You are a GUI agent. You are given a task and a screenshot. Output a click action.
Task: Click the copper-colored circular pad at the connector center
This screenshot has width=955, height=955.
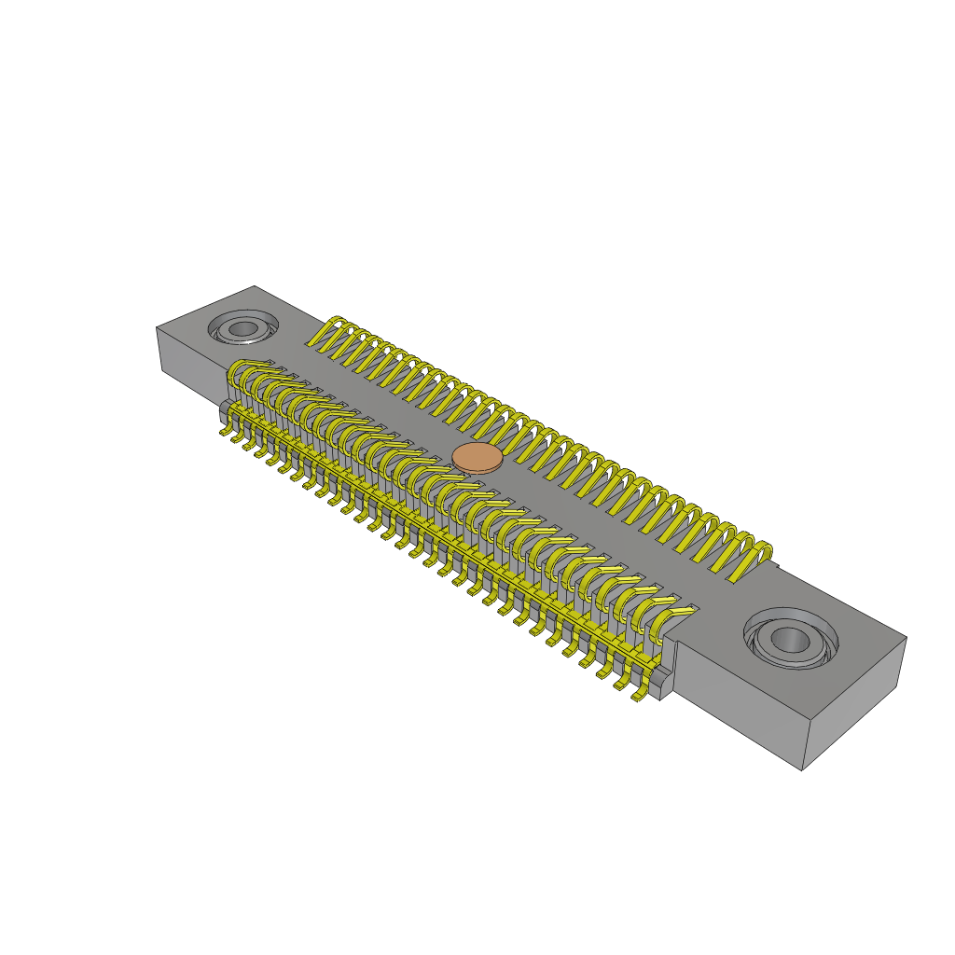coord(477,458)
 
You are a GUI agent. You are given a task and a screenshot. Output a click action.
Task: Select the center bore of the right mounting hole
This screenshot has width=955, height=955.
coord(790,640)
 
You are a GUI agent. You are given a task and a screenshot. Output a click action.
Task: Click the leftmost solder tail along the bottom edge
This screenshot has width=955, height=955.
coord(226,431)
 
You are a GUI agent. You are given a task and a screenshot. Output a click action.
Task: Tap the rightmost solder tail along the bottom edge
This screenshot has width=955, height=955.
coord(639,695)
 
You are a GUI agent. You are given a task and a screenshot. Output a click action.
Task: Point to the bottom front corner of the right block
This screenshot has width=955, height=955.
coord(802,769)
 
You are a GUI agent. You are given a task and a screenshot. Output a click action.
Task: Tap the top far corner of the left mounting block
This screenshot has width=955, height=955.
coord(255,286)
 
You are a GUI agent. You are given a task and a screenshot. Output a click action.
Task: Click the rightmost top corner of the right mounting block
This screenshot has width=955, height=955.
coord(906,638)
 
